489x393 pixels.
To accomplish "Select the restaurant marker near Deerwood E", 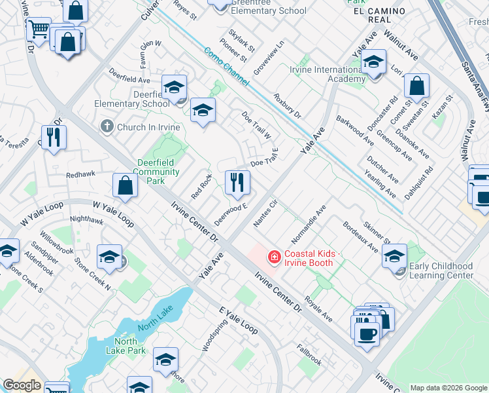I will [237, 182].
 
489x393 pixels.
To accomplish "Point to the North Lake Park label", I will [126, 346].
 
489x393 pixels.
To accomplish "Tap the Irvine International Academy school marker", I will [373, 64].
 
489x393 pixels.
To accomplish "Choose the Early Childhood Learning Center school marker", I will [395, 257].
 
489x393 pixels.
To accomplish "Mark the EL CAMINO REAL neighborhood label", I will [379, 16].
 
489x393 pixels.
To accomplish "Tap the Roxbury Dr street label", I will [287, 105].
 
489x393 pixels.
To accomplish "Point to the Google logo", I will [22, 385].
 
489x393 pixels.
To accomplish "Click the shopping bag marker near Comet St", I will [416, 86].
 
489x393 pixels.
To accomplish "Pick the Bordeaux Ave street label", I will [360, 236].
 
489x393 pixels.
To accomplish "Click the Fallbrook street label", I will [309, 355].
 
